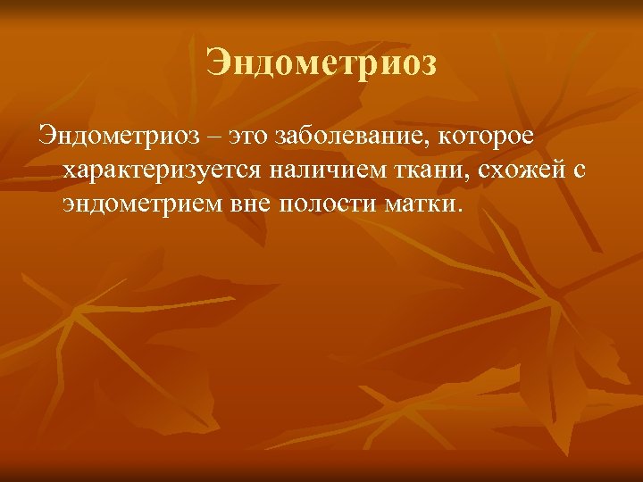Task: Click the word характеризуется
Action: point(163,172)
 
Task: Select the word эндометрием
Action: point(141,205)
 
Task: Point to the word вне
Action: point(249,205)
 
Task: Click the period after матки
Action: point(460,212)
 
